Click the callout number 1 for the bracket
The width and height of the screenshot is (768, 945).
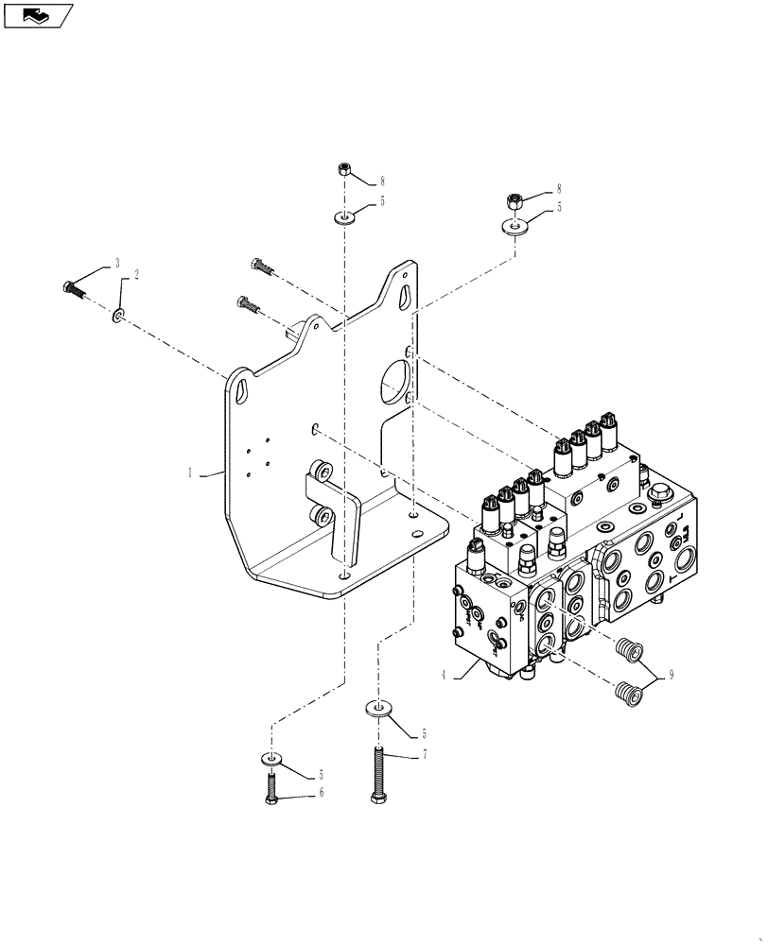(x=191, y=473)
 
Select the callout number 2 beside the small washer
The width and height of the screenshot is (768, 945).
(x=136, y=275)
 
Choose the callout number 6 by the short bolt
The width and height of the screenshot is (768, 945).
(x=320, y=793)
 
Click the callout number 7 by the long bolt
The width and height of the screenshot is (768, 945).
(x=426, y=755)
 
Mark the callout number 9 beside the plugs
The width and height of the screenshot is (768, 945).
(x=671, y=675)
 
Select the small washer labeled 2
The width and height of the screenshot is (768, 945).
(x=116, y=314)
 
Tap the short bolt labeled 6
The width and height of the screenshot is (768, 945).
(x=271, y=788)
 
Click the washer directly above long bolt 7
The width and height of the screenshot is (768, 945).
(x=378, y=708)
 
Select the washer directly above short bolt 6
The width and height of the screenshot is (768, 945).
(x=271, y=757)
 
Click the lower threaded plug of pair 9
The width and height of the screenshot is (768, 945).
(x=627, y=694)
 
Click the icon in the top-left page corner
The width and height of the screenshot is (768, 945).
(x=38, y=15)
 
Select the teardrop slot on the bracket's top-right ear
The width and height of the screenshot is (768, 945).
(x=405, y=294)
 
